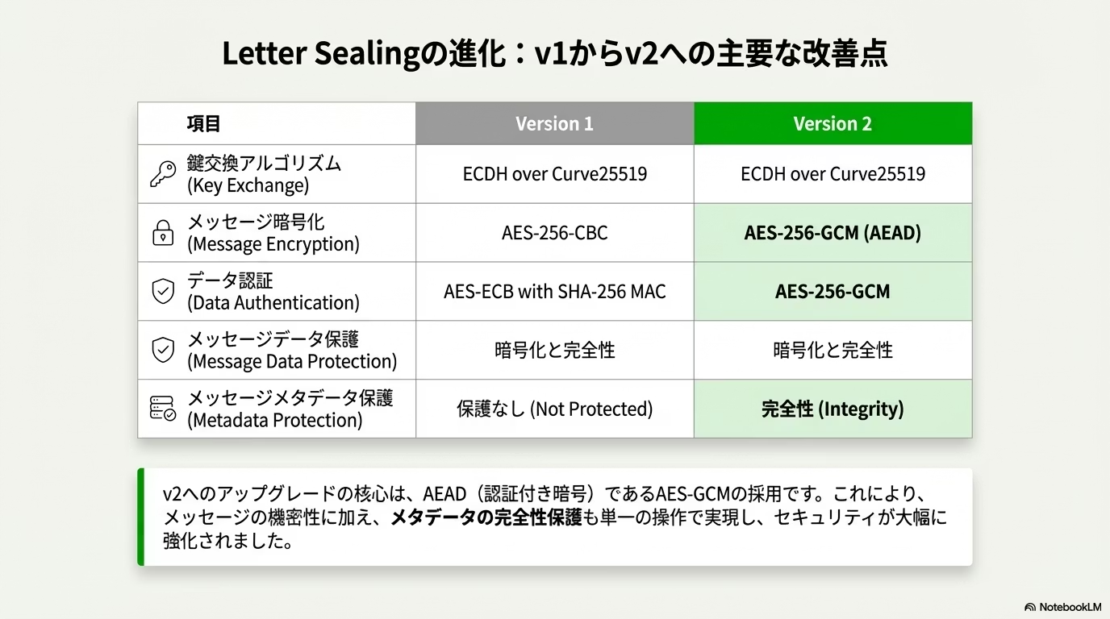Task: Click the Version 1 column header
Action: (x=554, y=123)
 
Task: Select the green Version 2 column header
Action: (x=833, y=123)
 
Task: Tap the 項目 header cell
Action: (x=277, y=123)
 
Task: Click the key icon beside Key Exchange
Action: (x=163, y=174)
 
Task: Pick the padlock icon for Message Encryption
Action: (x=163, y=233)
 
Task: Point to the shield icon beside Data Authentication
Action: (x=163, y=291)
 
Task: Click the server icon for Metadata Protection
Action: (x=162, y=409)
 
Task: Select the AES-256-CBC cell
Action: (x=554, y=233)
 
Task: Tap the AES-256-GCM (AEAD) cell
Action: (x=833, y=233)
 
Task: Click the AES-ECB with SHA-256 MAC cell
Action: (x=554, y=291)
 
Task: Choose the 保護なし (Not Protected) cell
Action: (x=554, y=409)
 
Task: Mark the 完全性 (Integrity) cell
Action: (x=833, y=409)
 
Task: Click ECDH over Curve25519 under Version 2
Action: (x=833, y=174)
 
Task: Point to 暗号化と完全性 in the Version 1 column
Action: (x=554, y=350)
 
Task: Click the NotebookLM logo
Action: (x=1062, y=607)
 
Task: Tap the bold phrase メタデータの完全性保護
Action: (x=486, y=517)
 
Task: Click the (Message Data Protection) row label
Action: (x=292, y=362)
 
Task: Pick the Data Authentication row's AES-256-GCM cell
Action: (x=833, y=291)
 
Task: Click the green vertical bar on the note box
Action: (x=140, y=517)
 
